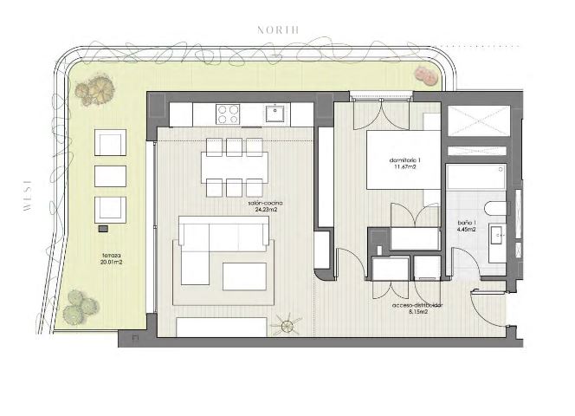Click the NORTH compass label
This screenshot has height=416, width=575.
coord(279,29)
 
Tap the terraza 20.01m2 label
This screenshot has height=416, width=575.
coord(111,259)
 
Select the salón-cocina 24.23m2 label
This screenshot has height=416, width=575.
coord(265,206)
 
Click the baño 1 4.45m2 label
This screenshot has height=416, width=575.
coord(468,226)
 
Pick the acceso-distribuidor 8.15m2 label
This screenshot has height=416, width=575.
coord(417,309)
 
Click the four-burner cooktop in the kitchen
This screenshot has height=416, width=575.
coord(228,114)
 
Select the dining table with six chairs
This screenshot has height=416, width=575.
coord(234,166)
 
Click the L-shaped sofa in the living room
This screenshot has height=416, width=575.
coord(216,248)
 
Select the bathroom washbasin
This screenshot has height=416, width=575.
coord(498,236)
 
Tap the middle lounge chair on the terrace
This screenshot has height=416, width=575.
coord(110,176)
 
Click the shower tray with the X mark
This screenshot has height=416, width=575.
coord(478,121)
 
